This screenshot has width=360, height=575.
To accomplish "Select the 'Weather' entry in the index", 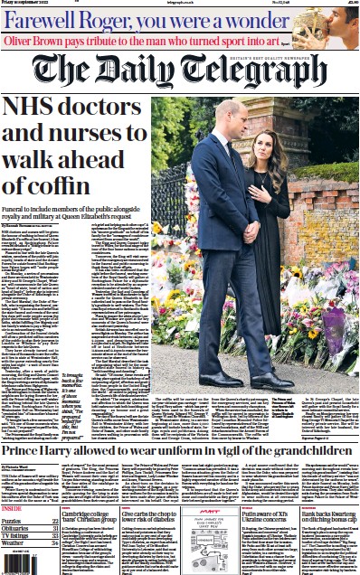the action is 19,542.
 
